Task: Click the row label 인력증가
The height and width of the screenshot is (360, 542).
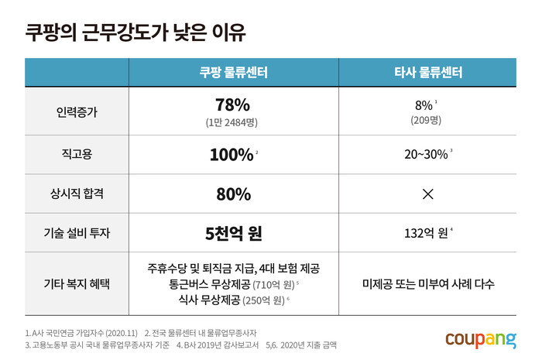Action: [x=77, y=111]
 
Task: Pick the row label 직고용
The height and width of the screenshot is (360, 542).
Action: [x=77, y=154]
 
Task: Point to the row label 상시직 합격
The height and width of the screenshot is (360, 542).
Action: [x=77, y=194]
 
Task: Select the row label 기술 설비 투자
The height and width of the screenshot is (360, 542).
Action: [x=77, y=233]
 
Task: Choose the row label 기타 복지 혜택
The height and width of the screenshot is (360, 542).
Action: [x=77, y=283]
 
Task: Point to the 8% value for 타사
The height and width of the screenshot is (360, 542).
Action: [x=424, y=105]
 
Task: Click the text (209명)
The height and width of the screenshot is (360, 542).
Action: [x=426, y=120]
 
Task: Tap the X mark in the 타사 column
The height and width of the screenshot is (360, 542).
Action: [x=427, y=194]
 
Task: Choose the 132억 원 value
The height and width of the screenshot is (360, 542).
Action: [x=425, y=233]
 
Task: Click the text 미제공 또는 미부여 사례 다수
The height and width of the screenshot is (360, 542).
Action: [x=427, y=283]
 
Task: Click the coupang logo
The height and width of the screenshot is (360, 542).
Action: [x=481, y=338]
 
